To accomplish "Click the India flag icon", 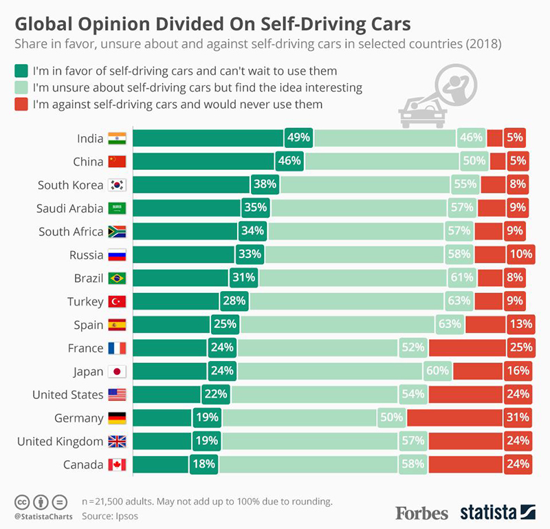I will coord(116,138).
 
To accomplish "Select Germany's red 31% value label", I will coord(518,417).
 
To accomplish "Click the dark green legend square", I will coord(20,71).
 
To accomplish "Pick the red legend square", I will coord(20,105).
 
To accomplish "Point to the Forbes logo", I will coord(421,512).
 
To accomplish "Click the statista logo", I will coord(497,512).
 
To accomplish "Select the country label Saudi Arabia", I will coord(70,208).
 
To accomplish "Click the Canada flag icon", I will coord(116,464).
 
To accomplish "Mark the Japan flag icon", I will coord(116,371).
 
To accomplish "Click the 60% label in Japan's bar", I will coord(437,371).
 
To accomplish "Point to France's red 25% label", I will coord(518,347).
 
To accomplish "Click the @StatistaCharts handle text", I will coord(39,515).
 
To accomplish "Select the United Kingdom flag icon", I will coord(116,440).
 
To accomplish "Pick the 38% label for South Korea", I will coord(265,184).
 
